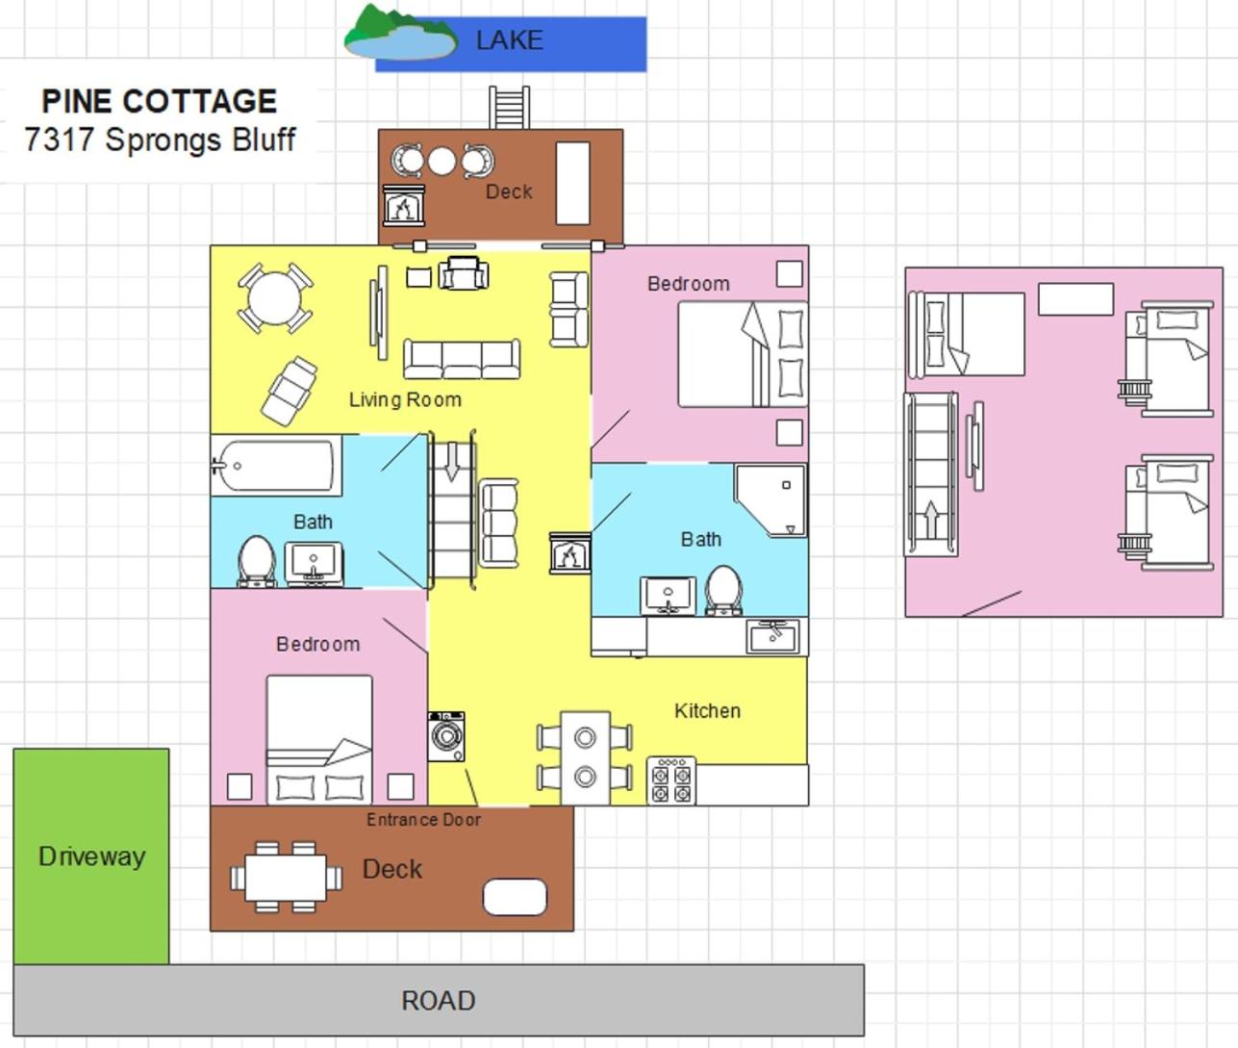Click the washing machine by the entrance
click(446, 736)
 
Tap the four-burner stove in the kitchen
click(671, 780)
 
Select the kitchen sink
click(772, 636)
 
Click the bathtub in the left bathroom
click(274, 466)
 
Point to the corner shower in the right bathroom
click(771, 499)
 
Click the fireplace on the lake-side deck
click(404, 206)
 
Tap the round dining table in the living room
click(275, 298)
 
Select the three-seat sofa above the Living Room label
click(462, 358)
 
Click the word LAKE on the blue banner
click(509, 40)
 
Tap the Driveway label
click(91, 856)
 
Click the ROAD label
click(439, 1001)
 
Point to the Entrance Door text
click(423, 820)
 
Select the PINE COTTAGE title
click(160, 101)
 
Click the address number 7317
click(60, 140)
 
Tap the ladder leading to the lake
click(509, 108)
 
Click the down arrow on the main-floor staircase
click(452, 462)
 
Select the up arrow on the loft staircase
click(931, 520)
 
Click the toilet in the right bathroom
click(723, 590)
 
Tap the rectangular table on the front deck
click(287, 878)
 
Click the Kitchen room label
click(707, 710)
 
